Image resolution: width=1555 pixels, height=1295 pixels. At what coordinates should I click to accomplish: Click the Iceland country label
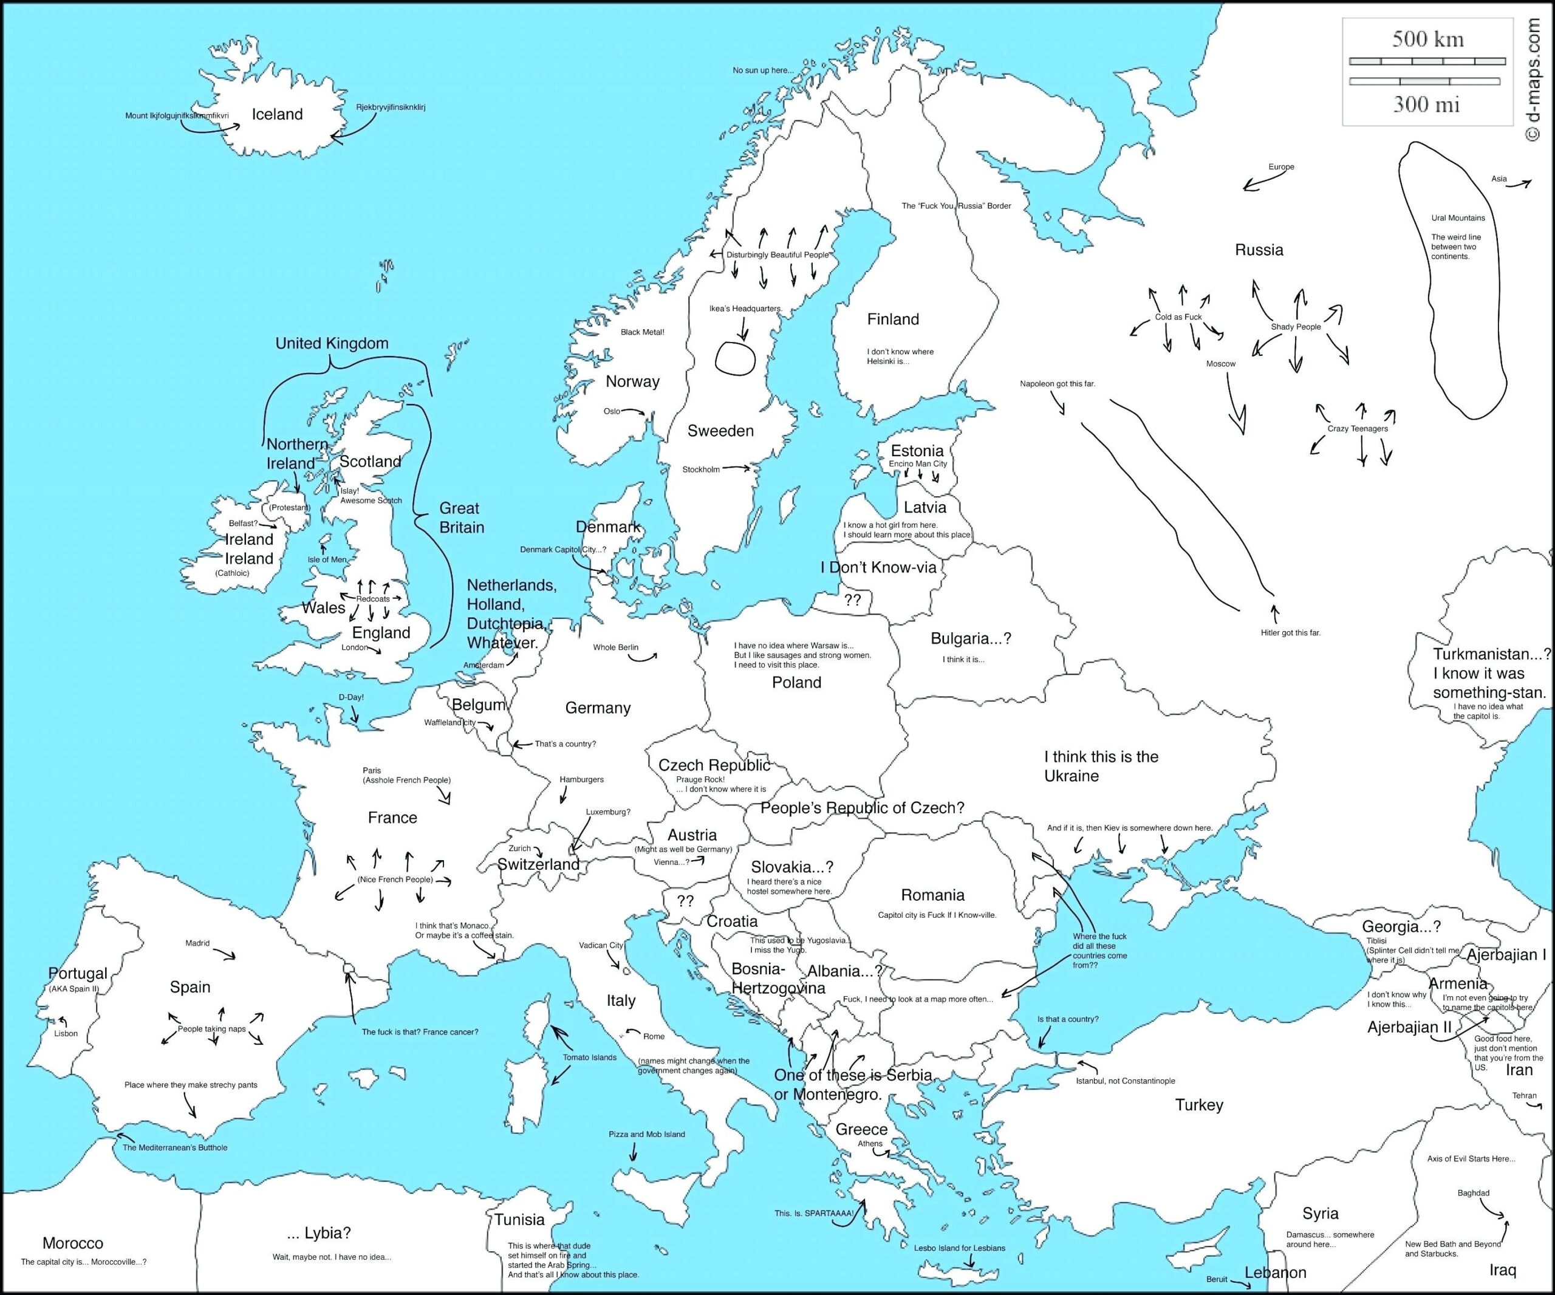point(277,114)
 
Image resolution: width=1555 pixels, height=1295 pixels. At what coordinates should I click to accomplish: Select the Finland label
point(892,319)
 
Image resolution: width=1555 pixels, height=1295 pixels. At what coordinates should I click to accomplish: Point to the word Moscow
point(1220,364)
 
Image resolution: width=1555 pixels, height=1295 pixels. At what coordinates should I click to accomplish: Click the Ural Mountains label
point(1457,217)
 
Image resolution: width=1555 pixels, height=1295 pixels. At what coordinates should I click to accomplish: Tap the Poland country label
point(796,683)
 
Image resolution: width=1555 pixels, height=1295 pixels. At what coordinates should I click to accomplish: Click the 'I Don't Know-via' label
point(878,568)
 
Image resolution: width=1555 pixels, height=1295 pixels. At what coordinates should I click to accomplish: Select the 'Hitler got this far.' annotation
point(1290,633)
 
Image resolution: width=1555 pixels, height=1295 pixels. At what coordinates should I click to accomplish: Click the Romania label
point(932,895)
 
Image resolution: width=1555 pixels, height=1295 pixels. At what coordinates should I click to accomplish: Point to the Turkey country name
point(1199,1105)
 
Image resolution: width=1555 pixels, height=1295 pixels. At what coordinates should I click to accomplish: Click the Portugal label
point(78,974)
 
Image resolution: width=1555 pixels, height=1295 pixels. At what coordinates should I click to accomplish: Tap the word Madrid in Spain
point(197,943)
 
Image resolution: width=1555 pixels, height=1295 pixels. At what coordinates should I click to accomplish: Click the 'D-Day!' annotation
point(351,697)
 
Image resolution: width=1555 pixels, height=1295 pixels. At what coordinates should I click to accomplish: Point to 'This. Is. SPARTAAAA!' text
point(814,1214)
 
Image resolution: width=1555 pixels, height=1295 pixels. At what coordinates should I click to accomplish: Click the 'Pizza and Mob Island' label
point(646,1134)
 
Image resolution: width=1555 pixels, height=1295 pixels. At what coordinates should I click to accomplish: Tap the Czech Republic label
point(714,765)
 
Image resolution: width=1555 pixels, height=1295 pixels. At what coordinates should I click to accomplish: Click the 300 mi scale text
point(1426,104)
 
